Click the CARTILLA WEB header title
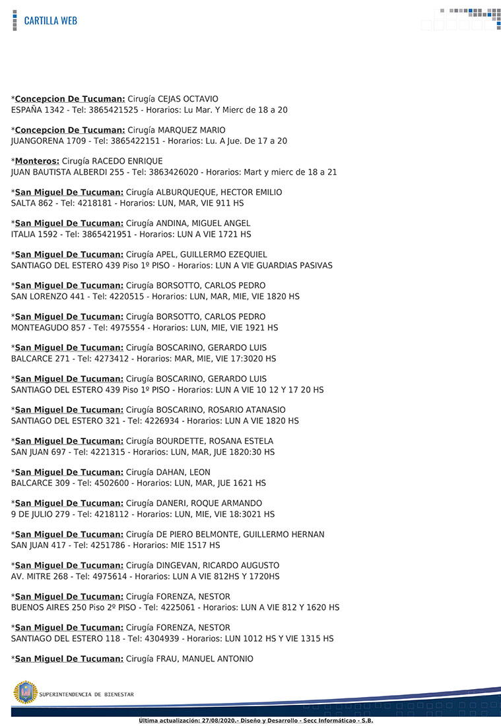(50, 20)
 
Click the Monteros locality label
(37, 161)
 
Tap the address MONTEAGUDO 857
(48, 328)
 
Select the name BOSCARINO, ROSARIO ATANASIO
(220, 410)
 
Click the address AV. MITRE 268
(40, 576)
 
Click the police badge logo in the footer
(25, 693)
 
